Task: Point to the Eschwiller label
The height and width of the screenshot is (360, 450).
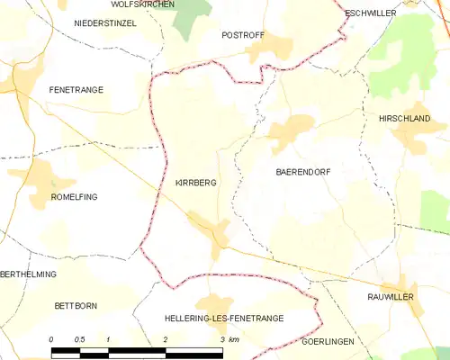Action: coord(371,13)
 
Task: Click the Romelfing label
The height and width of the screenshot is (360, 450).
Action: coord(75,196)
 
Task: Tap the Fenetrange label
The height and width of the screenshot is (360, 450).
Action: coord(76,90)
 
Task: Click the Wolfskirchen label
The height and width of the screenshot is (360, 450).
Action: coord(143,4)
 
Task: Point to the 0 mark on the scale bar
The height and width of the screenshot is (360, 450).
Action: coord(51,338)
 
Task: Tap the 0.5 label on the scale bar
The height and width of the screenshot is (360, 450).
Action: coord(79,338)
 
